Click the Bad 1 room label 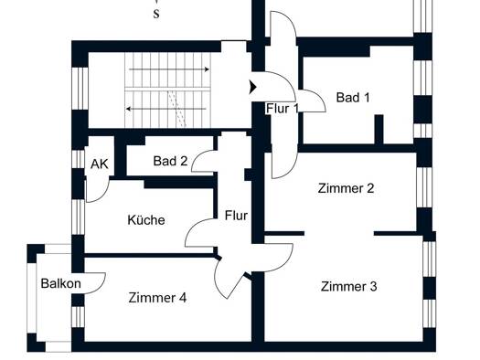click(x=353, y=98)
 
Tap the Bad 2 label click(x=170, y=161)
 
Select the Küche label click(x=146, y=219)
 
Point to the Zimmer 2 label click(x=346, y=188)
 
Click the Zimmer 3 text click(x=348, y=286)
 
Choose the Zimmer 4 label click(x=157, y=298)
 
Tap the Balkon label click(x=61, y=283)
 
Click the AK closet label click(x=99, y=164)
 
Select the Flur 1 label click(x=282, y=109)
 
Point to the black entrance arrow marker click(x=252, y=87)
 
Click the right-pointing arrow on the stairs click(x=168, y=69)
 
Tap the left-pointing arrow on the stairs click(x=166, y=109)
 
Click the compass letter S click(x=156, y=14)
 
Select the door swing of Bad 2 click(x=197, y=156)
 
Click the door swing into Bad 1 click(x=319, y=96)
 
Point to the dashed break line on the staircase click(x=177, y=110)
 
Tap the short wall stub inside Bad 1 click(x=379, y=129)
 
